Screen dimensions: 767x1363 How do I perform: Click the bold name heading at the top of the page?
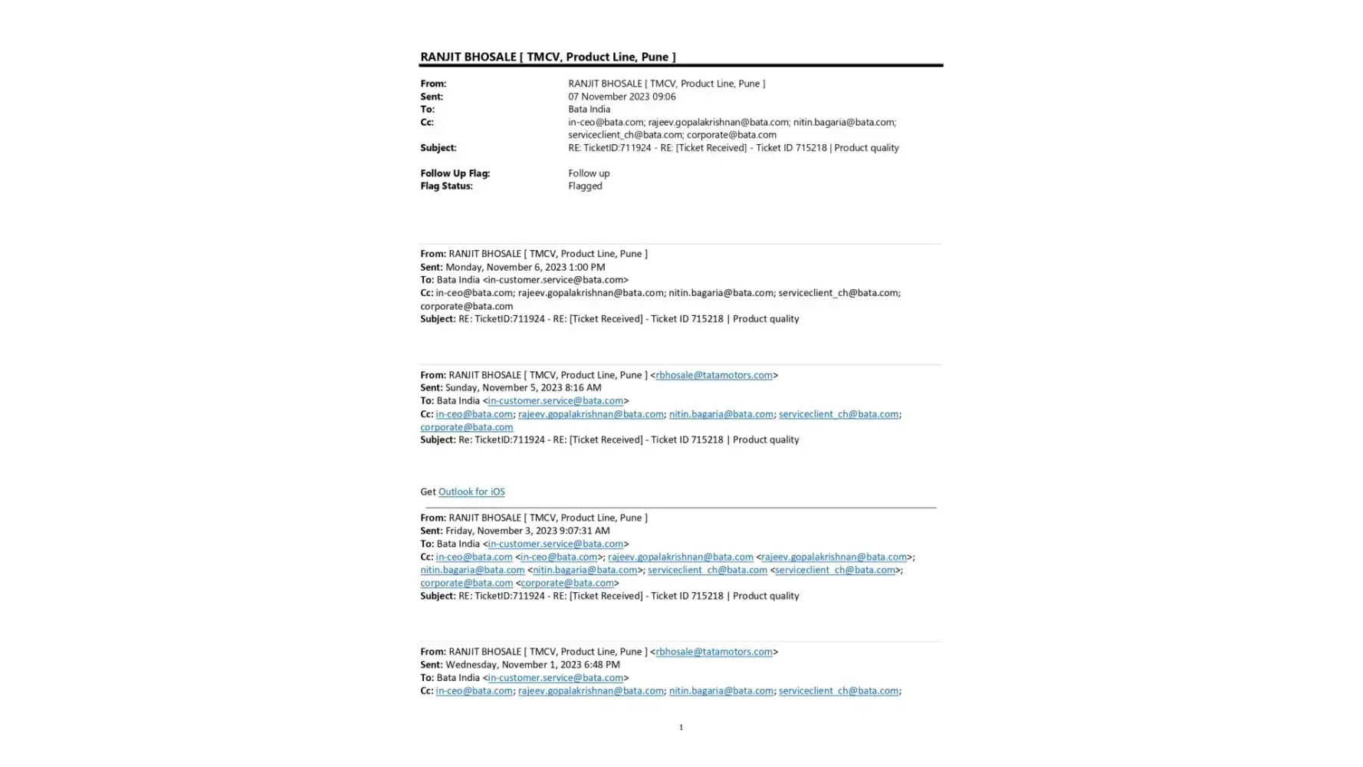(x=547, y=57)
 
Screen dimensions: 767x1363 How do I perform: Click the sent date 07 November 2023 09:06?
(x=621, y=97)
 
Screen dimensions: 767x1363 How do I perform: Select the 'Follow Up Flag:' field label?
(x=455, y=173)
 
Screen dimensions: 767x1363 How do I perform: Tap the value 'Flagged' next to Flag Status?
(x=585, y=186)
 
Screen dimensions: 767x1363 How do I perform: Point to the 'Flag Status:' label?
(x=446, y=186)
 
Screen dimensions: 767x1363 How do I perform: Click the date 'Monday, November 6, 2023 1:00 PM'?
(x=525, y=267)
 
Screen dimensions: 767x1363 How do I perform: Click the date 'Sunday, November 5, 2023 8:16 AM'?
(x=523, y=387)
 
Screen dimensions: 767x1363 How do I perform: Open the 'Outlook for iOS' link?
(x=471, y=492)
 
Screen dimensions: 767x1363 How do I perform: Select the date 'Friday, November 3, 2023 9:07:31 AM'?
(x=527, y=531)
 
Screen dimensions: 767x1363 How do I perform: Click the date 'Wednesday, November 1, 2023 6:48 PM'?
(x=532, y=664)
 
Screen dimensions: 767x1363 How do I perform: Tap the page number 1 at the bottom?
(x=681, y=727)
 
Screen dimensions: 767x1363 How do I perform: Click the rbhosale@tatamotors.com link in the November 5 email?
(x=714, y=375)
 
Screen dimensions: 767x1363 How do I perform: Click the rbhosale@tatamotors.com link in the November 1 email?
(x=714, y=651)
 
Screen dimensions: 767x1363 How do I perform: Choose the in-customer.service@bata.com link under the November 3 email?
(x=555, y=544)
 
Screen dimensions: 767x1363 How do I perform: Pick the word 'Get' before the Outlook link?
(x=428, y=492)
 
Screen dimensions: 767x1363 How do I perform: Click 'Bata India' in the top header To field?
(x=589, y=109)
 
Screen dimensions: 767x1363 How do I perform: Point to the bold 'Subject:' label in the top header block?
(x=438, y=147)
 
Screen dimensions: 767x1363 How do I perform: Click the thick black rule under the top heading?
(x=681, y=66)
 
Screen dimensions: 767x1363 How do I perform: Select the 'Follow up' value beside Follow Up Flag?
(x=589, y=173)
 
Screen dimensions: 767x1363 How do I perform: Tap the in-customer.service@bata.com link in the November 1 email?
(x=555, y=677)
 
